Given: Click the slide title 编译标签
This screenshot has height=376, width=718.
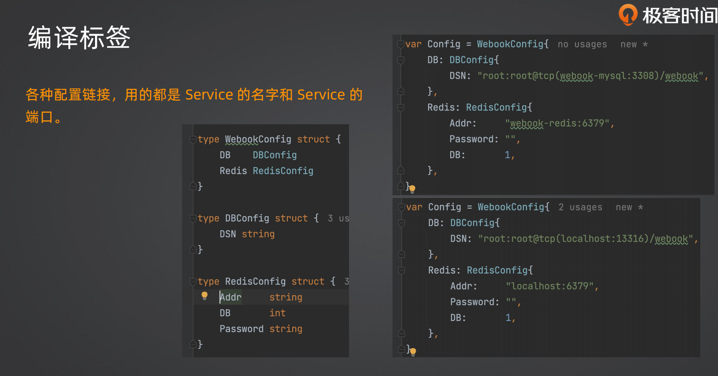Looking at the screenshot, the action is [79, 38].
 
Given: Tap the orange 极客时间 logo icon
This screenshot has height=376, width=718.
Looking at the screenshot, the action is [628, 14].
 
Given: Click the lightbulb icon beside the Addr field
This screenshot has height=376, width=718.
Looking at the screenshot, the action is [205, 296].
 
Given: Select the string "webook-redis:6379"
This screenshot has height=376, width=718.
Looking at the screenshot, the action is [559, 123].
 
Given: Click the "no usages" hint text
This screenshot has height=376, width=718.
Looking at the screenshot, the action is [582, 44].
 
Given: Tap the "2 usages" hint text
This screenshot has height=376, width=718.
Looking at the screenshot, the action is [580, 207].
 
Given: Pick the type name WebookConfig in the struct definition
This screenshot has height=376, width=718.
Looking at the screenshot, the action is [258, 139].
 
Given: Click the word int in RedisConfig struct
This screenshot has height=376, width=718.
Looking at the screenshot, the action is [277, 313].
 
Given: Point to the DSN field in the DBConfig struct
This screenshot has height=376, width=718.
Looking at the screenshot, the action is [228, 234].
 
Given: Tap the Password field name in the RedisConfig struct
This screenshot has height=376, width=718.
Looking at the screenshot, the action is [242, 329].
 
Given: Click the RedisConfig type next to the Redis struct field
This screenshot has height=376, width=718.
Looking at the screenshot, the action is [283, 171].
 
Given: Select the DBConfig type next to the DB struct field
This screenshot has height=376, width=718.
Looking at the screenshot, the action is [275, 155].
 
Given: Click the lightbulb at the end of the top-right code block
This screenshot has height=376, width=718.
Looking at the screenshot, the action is [412, 189].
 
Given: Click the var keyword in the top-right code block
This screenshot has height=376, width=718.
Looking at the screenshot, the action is [413, 44].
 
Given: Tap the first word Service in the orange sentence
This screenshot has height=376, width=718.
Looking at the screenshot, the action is [209, 95].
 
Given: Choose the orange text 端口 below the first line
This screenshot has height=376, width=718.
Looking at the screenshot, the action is [39, 117].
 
